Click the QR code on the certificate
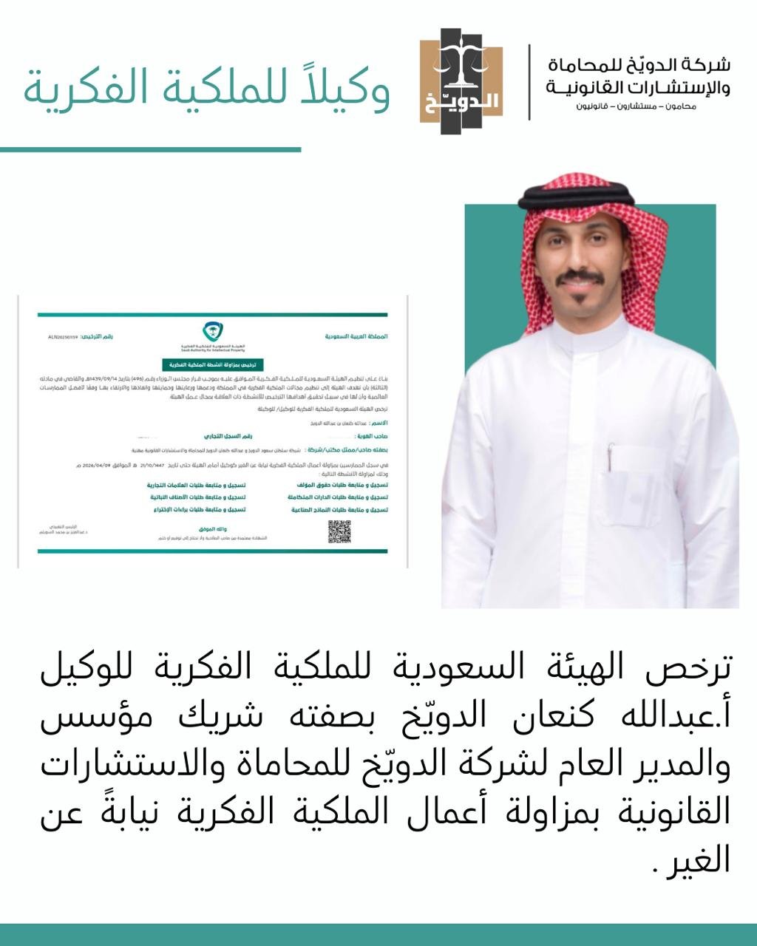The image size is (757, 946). pyautogui.click(x=339, y=531)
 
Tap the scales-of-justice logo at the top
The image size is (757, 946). pyautogui.click(x=461, y=81)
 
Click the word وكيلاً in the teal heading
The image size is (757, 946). pyautogui.click(x=343, y=89)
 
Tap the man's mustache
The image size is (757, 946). pyautogui.click(x=581, y=279)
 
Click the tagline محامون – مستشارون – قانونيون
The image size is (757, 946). pyautogui.click(x=637, y=106)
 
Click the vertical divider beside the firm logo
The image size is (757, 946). pyautogui.click(x=529, y=81)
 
